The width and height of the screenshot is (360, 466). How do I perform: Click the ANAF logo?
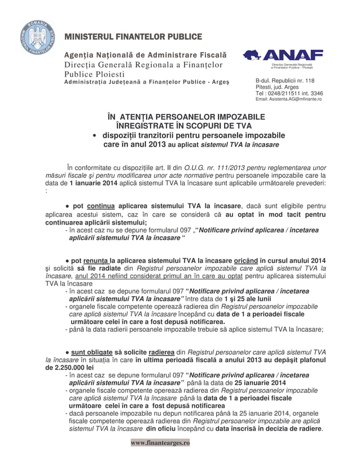pyautogui.click(x=283, y=55)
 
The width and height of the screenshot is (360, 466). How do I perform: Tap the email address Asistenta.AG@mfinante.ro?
pyautogui.click(x=288, y=99)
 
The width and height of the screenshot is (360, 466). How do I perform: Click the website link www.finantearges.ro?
pyautogui.click(x=160, y=443)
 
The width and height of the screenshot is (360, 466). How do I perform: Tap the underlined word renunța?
pyautogui.click(x=99, y=261)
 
